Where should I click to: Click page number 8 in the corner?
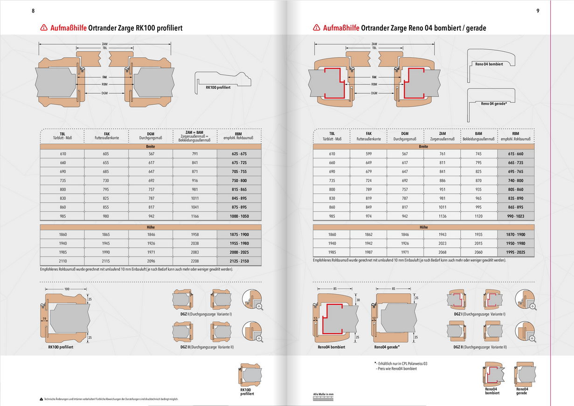(33, 11)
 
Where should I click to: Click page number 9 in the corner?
(538, 11)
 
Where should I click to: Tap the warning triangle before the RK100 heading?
(44, 28)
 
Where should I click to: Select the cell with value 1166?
(195, 216)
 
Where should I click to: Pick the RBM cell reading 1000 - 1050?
(239, 216)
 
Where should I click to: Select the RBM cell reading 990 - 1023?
(516, 216)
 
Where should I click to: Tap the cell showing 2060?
(479, 252)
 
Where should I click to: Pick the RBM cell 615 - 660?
(516, 153)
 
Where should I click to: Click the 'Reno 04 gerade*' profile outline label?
(494, 103)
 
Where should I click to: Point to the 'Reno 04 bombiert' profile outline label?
(489, 63)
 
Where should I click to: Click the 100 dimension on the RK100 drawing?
(67, 289)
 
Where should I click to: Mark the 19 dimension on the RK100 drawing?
(44, 318)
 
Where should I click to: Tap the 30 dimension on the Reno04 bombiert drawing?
(358, 300)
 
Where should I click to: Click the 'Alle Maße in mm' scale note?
(323, 395)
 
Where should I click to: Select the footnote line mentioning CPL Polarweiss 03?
(401, 363)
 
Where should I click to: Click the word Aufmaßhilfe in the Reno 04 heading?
(340, 28)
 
